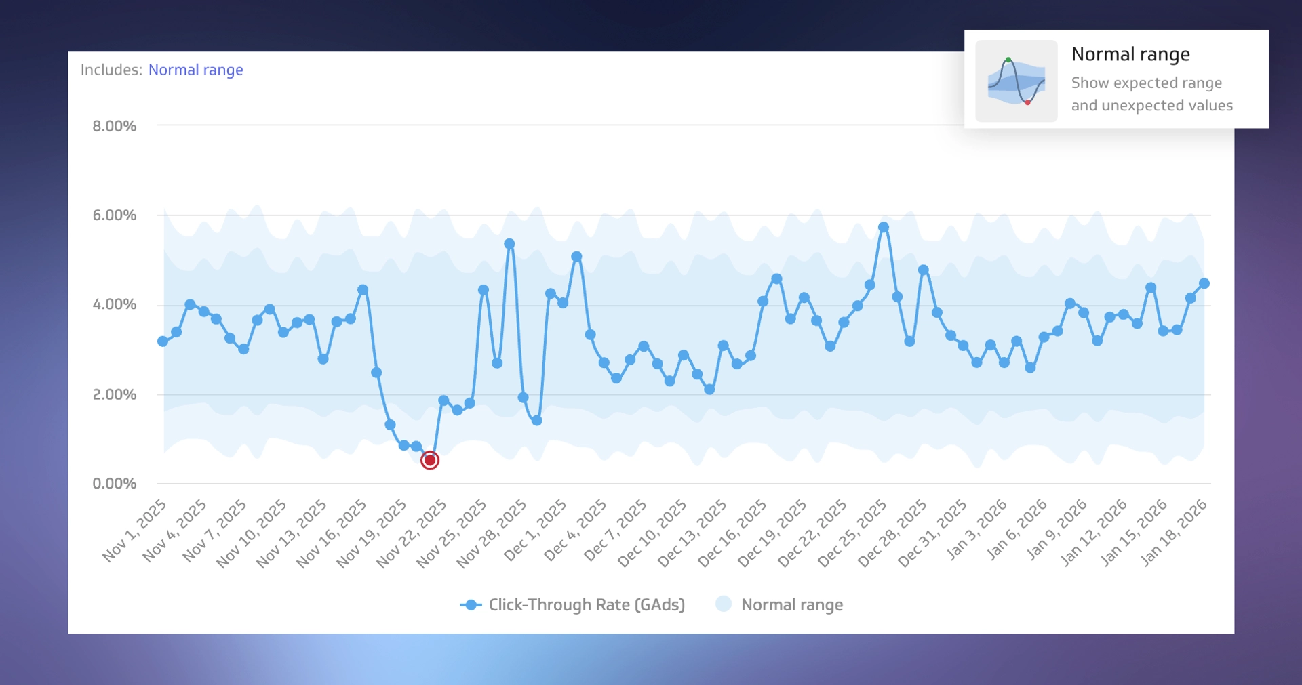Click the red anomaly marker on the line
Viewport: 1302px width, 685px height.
[430, 461]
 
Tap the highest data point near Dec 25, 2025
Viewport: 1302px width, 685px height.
[883, 228]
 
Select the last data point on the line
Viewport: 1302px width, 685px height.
[1204, 284]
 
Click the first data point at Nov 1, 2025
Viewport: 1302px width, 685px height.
[163, 341]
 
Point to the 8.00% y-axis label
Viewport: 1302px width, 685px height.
[115, 126]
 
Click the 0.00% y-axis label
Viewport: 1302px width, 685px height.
[115, 484]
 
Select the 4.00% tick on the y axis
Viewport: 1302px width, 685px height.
[115, 305]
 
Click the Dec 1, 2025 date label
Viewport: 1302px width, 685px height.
[536, 530]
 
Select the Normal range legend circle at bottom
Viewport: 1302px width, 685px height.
[724, 604]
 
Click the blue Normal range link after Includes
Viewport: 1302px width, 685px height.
[195, 70]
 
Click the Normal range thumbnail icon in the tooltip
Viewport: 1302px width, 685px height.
[1016, 81]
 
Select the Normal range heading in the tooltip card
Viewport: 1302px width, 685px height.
[1130, 54]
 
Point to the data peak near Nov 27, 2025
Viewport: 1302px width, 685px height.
[509, 244]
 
